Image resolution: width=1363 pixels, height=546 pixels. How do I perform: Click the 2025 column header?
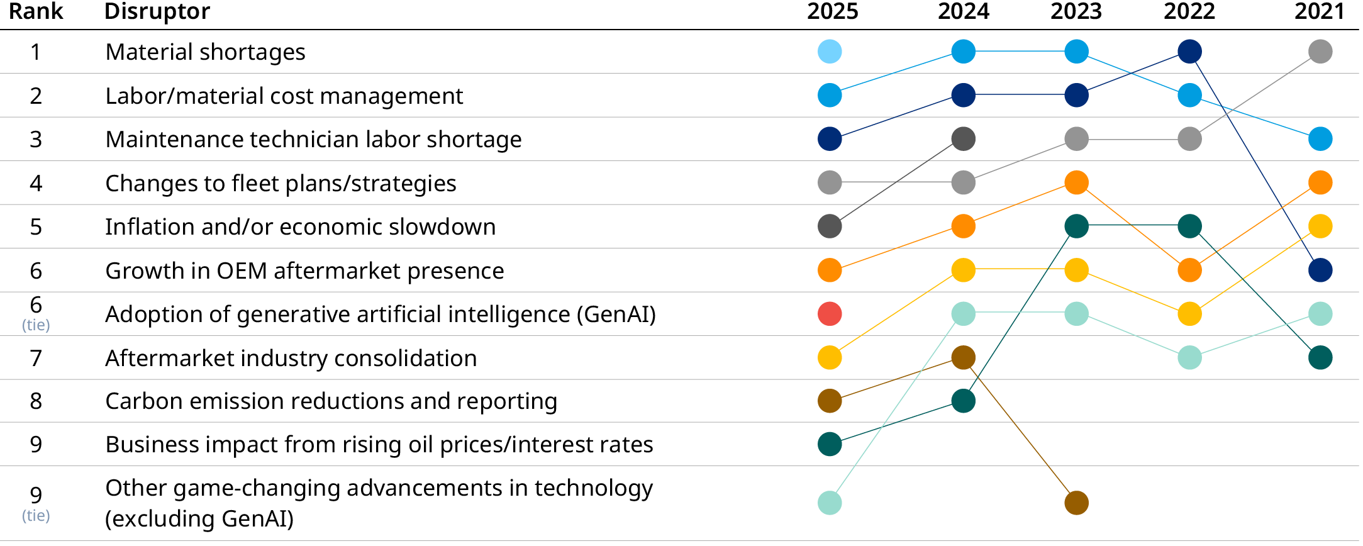tap(832, 11)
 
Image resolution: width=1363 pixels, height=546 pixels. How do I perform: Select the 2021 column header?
tap(1319, 11)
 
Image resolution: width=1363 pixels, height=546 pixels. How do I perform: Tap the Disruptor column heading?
tap(157, 11)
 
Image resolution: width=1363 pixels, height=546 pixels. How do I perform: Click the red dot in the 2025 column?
tap(830, 314)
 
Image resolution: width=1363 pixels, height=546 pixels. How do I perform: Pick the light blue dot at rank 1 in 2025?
tap(830, 52)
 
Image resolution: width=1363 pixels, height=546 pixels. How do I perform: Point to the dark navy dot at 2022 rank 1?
tap(1189, 52)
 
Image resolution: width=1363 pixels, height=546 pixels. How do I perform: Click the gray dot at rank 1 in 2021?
tap(1320, 52)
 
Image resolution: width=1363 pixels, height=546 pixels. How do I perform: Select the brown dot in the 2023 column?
tap(1076, 503)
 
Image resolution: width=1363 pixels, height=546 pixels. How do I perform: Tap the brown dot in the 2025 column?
tap(830, 401)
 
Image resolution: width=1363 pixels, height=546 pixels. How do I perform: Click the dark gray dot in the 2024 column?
tap(963, 139)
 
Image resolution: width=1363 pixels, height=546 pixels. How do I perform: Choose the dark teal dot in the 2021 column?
tap(1320, 357)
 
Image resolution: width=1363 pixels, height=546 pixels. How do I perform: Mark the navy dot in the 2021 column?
tap(1320, 270)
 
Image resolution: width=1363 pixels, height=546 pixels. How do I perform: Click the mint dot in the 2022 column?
tap(1189, 357)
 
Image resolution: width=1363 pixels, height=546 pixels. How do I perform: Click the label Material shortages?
tap(205, 52)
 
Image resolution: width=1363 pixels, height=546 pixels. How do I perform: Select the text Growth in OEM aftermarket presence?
tap(304, 271)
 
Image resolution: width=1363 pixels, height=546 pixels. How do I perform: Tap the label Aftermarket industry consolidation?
tap(291, 359)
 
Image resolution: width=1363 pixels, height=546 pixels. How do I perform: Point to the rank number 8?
tap(36, 401)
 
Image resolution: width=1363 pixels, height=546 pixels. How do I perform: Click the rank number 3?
tap(36, 140)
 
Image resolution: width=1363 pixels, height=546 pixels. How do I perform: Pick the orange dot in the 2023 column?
tap(1076, 183)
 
